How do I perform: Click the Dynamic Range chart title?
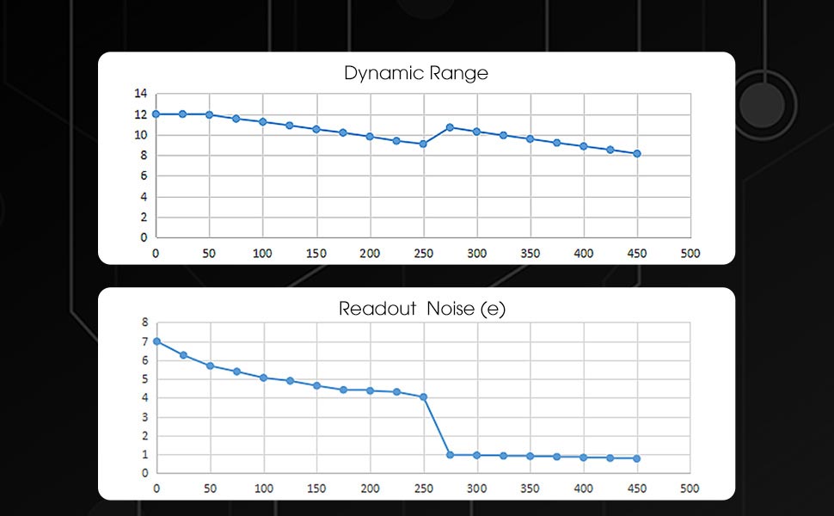(x=416, y=73)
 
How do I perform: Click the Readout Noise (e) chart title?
(x=421, y=309)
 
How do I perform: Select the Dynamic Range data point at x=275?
(x=450, y=127)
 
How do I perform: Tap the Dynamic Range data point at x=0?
(x=156, y=114)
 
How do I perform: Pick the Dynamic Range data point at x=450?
(x=637, y=154)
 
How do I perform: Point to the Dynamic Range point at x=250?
(x=423, y=144)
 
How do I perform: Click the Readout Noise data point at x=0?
(x=156, y=341)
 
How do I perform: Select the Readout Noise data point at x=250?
(x=423, y=397)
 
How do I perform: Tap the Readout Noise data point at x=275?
(x=450, y=455)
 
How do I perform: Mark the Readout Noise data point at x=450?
(x=637, y=458)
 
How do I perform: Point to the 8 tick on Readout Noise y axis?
(x=145, y=322)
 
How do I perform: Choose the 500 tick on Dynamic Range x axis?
(x=690, y=254)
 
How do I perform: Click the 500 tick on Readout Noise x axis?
(x=690, y=488)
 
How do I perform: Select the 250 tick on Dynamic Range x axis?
(x=423, y=254)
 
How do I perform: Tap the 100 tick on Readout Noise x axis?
(x=263, y=488)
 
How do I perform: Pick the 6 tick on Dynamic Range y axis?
(x=144, y=176)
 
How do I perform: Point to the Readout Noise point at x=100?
(x=263, y=378)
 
